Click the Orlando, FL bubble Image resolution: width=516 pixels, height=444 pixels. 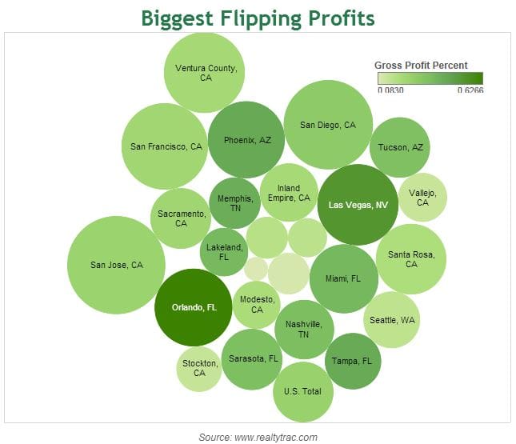pyautogui.click(x=194, y=307)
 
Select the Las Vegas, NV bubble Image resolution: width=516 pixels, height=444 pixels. pyautogui.click(x=358, y=205)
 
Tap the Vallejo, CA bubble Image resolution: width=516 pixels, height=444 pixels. pyautogui.click(x=422, y=197)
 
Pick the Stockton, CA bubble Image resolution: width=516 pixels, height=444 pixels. pyautogui.click(x=198, y=368)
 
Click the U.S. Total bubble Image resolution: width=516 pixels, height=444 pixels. pyautogui.click(x=302, y=391)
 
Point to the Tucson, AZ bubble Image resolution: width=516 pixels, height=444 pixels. pyautogui.click(x=401, y=147)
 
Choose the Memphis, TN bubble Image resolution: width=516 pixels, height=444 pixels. pyautogui.click(x=234, y=203)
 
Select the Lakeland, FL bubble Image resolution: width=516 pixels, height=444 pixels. pyautogui.click(x=224, y=253)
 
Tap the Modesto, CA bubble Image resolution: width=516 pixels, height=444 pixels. pyautogui.click(x=257, y=304)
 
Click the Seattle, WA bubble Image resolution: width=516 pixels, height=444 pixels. pyautogui.click(x=392, y=320)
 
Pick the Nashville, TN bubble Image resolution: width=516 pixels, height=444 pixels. pyautogui.click(x=303, y=329)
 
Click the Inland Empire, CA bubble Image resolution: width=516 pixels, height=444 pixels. pyautogui.click(x=289, y=193)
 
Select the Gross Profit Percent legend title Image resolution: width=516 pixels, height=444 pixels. pyautogui.click(x=421, y=66)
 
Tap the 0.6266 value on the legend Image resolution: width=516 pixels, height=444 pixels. pyautogui.click(x=470, y=90)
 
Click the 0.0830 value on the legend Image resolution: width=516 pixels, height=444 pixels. pyautogui.click(x=391, y=90)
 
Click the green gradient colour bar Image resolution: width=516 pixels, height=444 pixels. pyautogui.click(x=430, y=78)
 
